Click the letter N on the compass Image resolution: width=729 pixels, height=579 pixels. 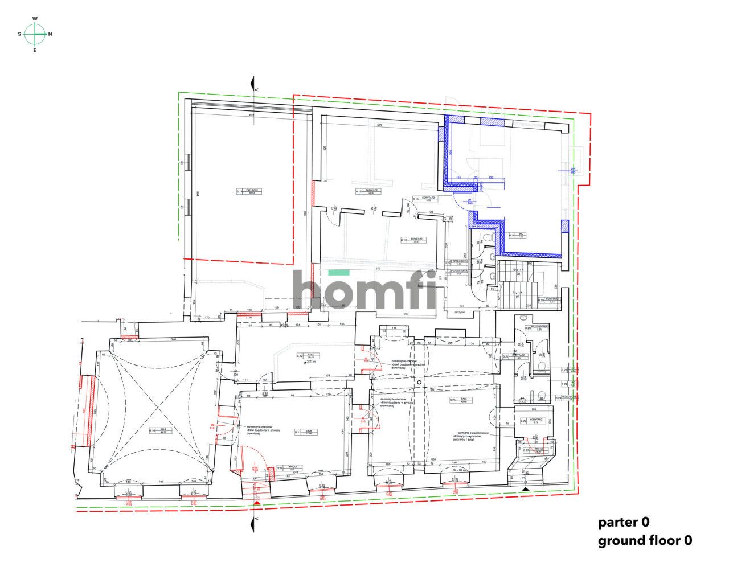[x=50, y=34]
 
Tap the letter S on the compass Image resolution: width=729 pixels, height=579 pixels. [x=20, y=34]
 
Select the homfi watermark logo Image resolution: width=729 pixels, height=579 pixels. [x=364, y=291]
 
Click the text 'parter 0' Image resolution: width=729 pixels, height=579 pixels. [x=624, y=521]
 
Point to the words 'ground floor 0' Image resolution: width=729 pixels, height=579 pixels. [x=645, y=540]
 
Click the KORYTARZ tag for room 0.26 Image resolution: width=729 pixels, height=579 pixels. [x=530, y=420]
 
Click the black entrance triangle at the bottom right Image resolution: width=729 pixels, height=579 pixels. [x=526, y=489]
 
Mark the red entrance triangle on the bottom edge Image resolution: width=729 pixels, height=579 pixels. [x=257, y=503]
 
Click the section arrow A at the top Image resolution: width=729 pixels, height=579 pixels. [x=252, y=85]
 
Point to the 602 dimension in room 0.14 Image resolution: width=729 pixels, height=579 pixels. [x=251, y=116]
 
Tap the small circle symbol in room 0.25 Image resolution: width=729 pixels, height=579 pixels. [x=419, y=383]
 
